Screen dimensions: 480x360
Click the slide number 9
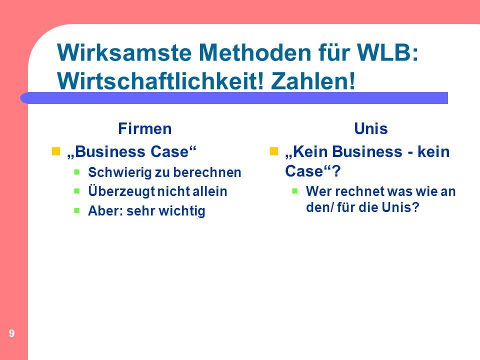11,333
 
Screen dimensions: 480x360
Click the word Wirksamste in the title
124,52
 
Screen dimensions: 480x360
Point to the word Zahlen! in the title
313,81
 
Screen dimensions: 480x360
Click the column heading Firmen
145,128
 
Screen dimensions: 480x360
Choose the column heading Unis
371,128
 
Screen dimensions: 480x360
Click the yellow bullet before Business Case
55,151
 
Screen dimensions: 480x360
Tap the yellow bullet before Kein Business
273,151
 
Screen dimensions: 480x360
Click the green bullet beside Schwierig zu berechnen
77,172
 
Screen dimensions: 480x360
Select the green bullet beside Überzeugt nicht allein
77,191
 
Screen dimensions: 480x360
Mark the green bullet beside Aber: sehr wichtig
77,210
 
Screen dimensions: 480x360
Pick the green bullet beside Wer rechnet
295,191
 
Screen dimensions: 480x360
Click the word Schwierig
120,172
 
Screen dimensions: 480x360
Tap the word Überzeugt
121,191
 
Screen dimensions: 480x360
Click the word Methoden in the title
254,52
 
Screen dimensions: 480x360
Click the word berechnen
207,172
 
